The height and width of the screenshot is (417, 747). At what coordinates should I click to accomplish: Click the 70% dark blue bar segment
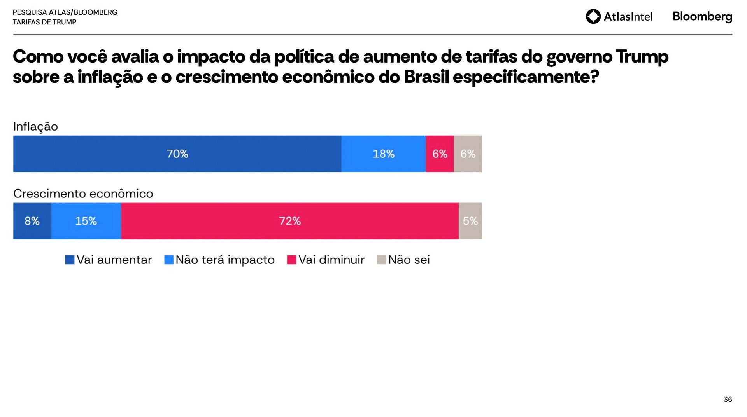click(177, 154)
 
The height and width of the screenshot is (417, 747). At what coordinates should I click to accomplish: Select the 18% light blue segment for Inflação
click(383, 154)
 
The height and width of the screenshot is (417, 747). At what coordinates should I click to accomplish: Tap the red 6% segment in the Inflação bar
click(440, 154)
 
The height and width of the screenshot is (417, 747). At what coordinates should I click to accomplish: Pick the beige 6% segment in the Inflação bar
click(468, 154)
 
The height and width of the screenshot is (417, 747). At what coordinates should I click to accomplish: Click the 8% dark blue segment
click(32, 221)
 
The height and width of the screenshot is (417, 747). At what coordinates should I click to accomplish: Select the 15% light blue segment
click(86, 221)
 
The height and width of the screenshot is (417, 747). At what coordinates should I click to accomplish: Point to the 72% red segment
click(289, 221)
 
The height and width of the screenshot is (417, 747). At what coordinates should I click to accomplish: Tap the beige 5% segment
click(470, 221)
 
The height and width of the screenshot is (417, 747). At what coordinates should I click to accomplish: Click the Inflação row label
click(35, 127)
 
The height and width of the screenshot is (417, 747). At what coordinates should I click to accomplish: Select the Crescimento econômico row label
click(83, 194)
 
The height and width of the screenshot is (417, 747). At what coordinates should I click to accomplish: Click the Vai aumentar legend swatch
click(70, 260)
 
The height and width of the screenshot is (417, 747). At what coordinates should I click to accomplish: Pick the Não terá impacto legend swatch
click(169, 260)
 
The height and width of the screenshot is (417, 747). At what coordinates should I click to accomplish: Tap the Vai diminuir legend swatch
click(291, 260)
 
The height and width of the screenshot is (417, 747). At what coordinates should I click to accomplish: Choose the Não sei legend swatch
click(381, 260)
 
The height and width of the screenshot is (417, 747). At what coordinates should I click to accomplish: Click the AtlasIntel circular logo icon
click(593, 17)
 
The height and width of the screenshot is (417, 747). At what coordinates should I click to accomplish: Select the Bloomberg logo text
click(702, 17)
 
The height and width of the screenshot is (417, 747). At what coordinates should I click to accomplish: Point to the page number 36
click(728, 400)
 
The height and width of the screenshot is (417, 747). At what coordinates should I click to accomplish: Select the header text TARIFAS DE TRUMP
click(44, 22)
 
